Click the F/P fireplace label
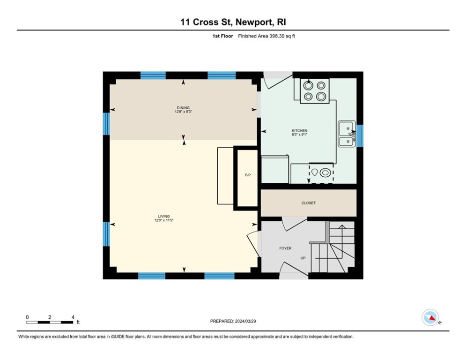248,175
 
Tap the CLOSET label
309,203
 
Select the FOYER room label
285,248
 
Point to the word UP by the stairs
303,258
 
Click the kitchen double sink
347,134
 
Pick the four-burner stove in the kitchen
315,91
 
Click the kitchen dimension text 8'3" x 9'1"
299,135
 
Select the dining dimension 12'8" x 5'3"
183,112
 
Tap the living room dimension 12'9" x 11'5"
164,220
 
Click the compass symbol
430,317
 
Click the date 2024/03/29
245,321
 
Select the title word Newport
254,22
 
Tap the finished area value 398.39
277,36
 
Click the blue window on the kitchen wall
360,135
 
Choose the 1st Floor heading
222,36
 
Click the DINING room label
183,108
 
